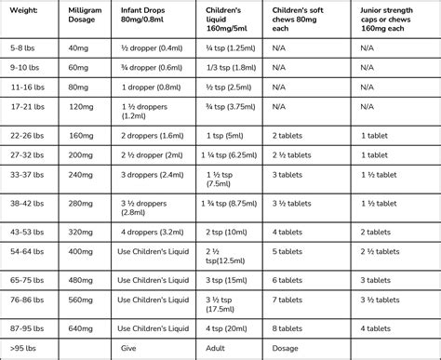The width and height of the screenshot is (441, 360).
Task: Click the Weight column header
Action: (x=24, y=10)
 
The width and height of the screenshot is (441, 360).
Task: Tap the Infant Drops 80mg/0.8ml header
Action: (x=148, y=16)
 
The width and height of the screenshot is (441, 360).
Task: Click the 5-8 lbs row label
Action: (x=23, y=47)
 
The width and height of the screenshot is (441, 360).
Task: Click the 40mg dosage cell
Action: (x=81, y=47)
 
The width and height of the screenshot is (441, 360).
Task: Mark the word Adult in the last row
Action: (x=222, y=347)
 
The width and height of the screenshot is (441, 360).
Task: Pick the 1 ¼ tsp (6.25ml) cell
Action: (x=235, y=154)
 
